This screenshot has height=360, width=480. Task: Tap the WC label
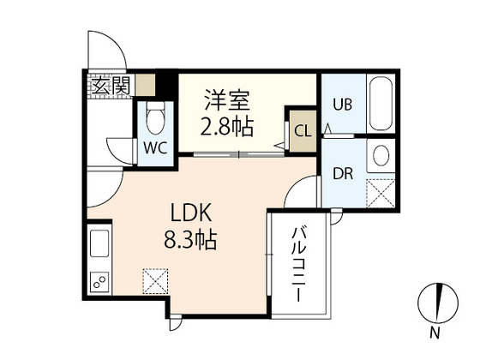click(155, 146)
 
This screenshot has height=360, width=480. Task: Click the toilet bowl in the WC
click(156, 115)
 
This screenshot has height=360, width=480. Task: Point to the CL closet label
click(302, 131)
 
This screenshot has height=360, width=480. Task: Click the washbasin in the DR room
click(380, 155)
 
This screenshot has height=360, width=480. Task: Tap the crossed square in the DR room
click(379, 191)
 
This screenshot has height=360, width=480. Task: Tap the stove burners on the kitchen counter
click(99, 280)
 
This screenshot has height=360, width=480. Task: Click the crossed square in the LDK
click(156, 280)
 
